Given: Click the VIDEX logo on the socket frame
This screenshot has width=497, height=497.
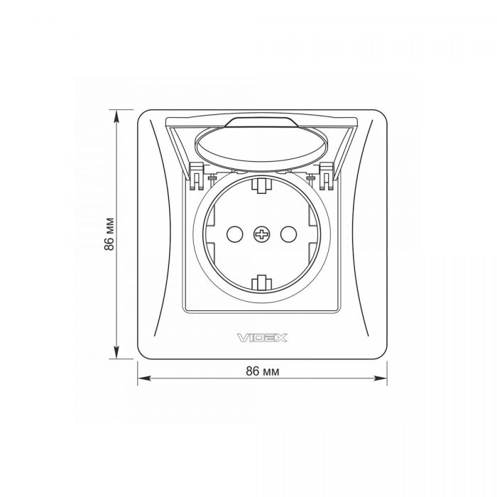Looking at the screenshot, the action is (x=262, y=337).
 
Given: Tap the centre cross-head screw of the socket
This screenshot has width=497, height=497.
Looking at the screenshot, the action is (x=262, y=234).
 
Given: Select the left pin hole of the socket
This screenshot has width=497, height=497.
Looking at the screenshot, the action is (x=235, y=234).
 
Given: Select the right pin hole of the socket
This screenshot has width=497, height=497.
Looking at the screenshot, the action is (x=288, y=234).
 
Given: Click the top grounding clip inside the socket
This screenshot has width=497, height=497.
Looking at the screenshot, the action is (x=262, y=185).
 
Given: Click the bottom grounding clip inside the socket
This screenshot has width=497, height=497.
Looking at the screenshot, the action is (x=262, y=283).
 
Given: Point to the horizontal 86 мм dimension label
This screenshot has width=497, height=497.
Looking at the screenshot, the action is (x=263, y=371).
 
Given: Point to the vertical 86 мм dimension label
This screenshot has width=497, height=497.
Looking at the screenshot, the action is (x=109, y=234).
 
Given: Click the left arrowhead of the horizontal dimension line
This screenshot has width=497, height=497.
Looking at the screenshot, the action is (x=143, y=378).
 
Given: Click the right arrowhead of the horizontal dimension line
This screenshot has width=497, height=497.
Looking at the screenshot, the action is (x=381, y=378).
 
